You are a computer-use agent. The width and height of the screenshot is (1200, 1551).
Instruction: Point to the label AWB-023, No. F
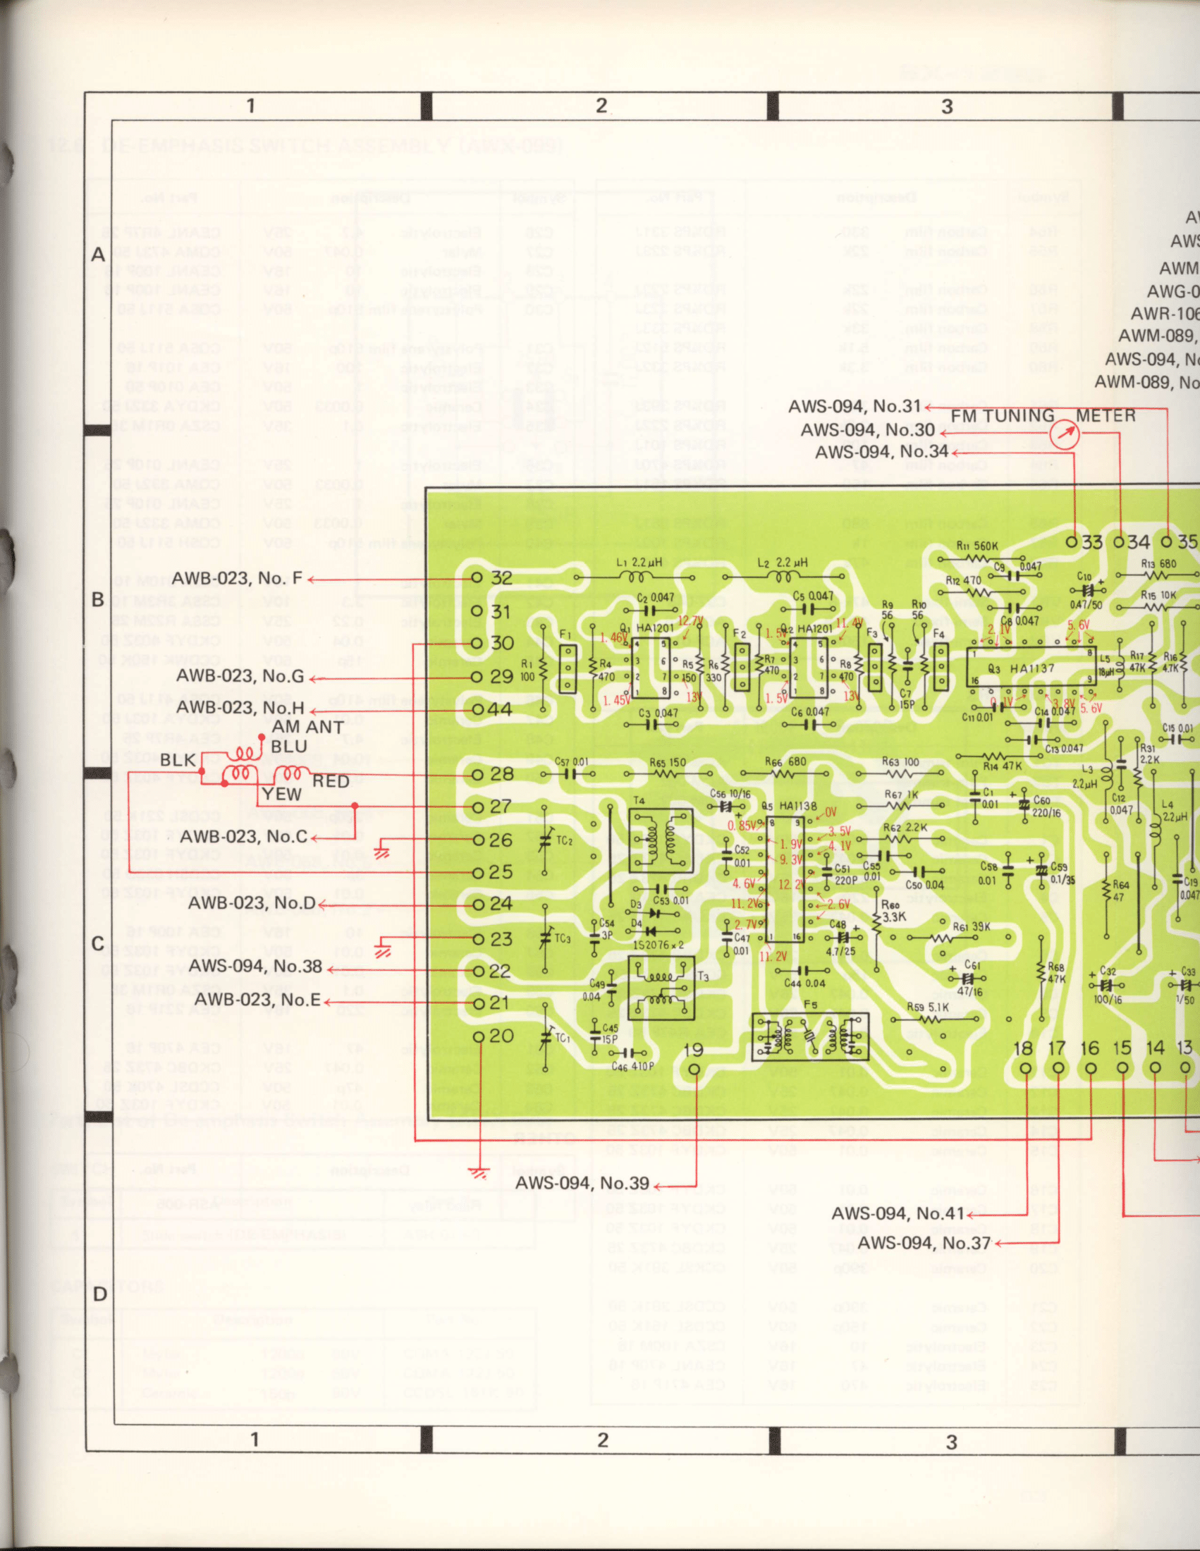pyautogui.click(x=237, y=579)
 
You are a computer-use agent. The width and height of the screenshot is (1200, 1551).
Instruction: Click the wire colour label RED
pyautogui.click(x=331, y=781)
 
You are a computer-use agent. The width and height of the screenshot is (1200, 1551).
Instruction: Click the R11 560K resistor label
pyautogui.click(x=978, y=546)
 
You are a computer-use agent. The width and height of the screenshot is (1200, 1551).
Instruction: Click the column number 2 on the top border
pyautogui.click(x=601, y=106)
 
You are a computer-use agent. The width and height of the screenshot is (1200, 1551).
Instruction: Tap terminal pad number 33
pyautogui.click(x=1072, y=542)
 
